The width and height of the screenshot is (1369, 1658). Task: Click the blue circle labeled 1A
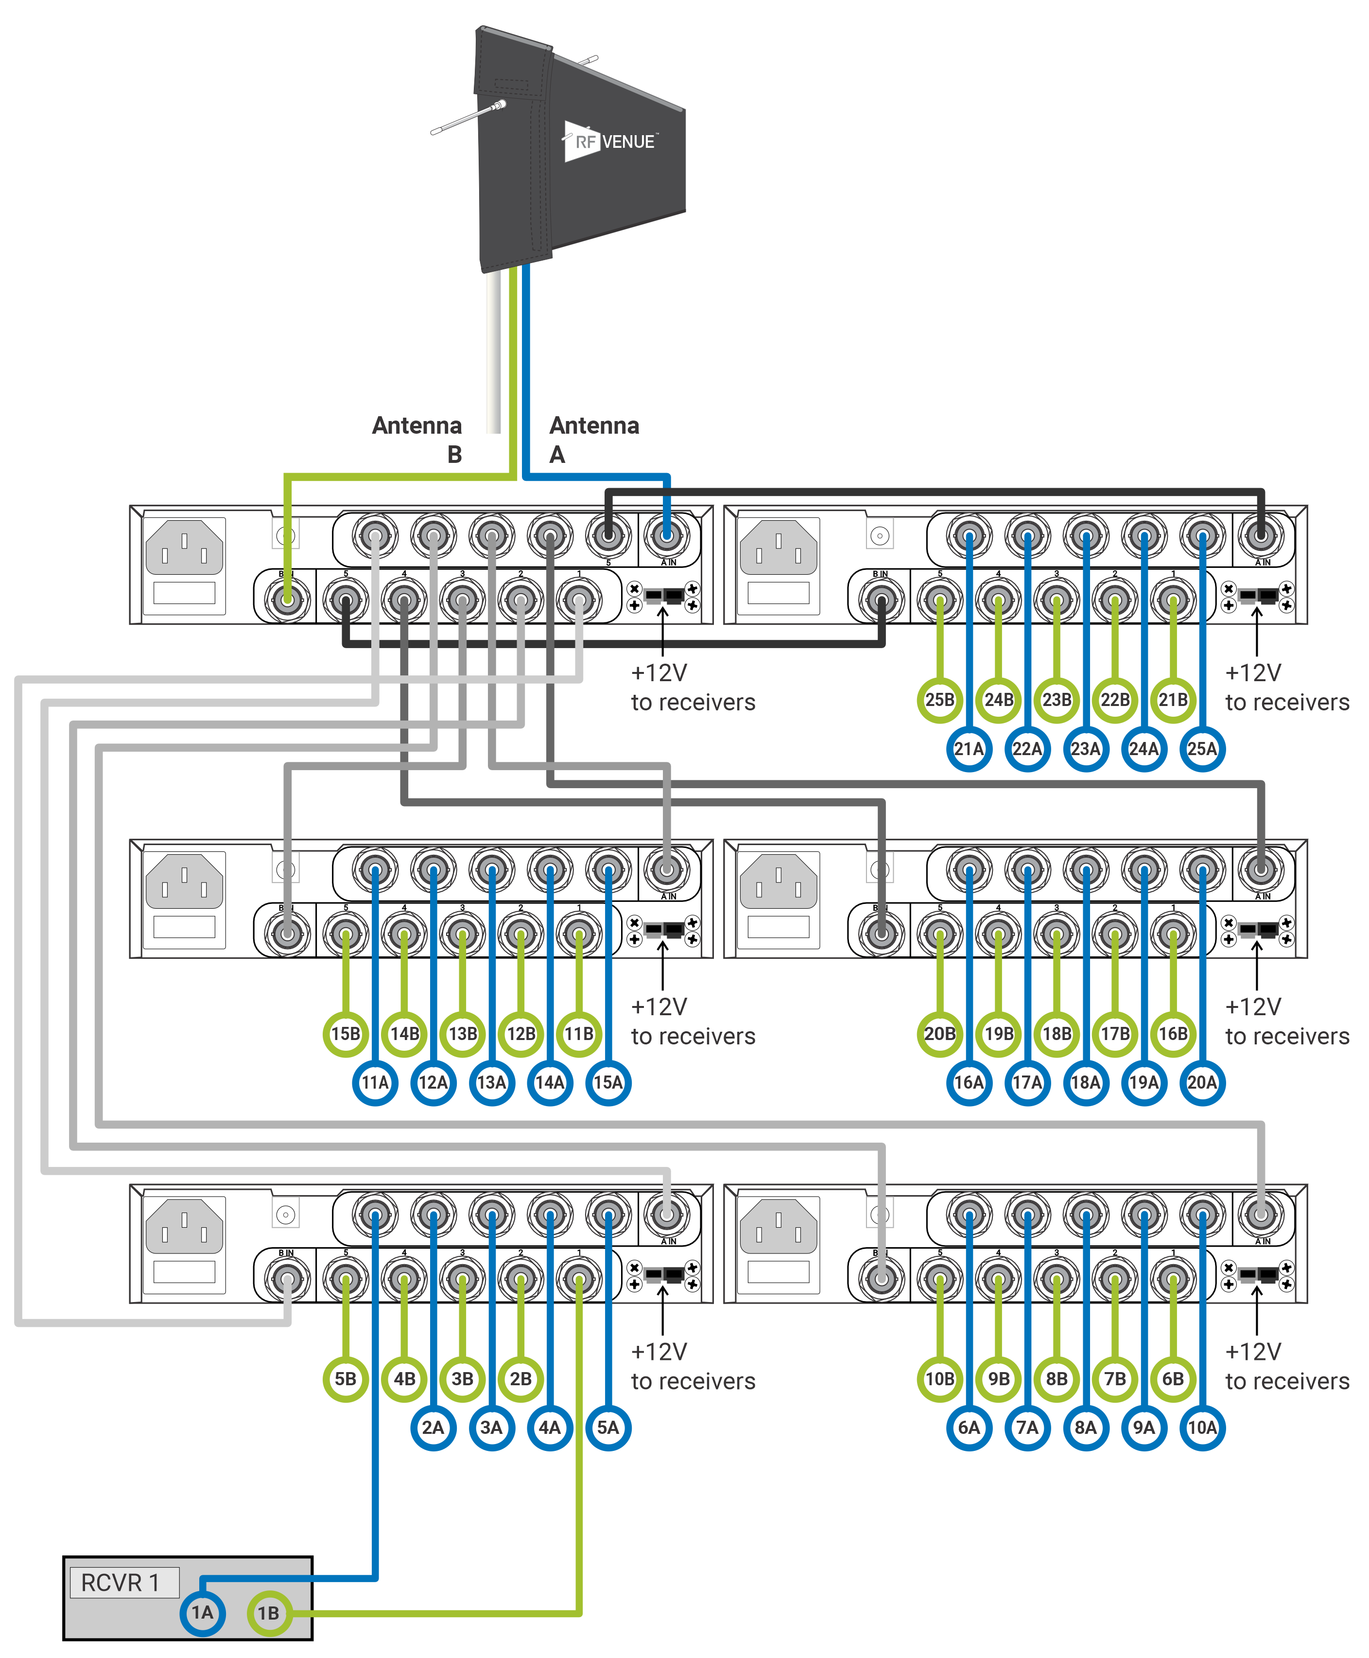(x=203, y=1612)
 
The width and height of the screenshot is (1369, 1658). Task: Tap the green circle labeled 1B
(x=269, y=1613)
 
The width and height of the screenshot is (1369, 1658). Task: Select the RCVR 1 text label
(x=121, y=1582)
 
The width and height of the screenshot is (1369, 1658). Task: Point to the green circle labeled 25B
(x=939, y=700)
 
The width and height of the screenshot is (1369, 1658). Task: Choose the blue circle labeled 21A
(x=969, y=749)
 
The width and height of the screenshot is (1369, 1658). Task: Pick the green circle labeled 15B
(x=346, y=1033)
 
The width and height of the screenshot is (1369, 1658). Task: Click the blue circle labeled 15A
(x=608, y=1082)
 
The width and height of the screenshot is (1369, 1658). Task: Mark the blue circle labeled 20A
(x=1202, y=1082)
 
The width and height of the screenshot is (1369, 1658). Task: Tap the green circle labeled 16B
(x=1173, y=1033)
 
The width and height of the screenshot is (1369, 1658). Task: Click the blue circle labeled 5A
(x=608, y=1427)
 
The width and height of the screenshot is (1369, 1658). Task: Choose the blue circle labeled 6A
(x=969, y=1427)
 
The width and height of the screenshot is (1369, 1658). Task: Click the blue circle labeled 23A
(x=1085, y=749)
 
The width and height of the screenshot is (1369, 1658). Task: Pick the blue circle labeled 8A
(x=1085, y=1427)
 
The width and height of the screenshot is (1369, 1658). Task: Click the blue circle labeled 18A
(x=1085, y=1082)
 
